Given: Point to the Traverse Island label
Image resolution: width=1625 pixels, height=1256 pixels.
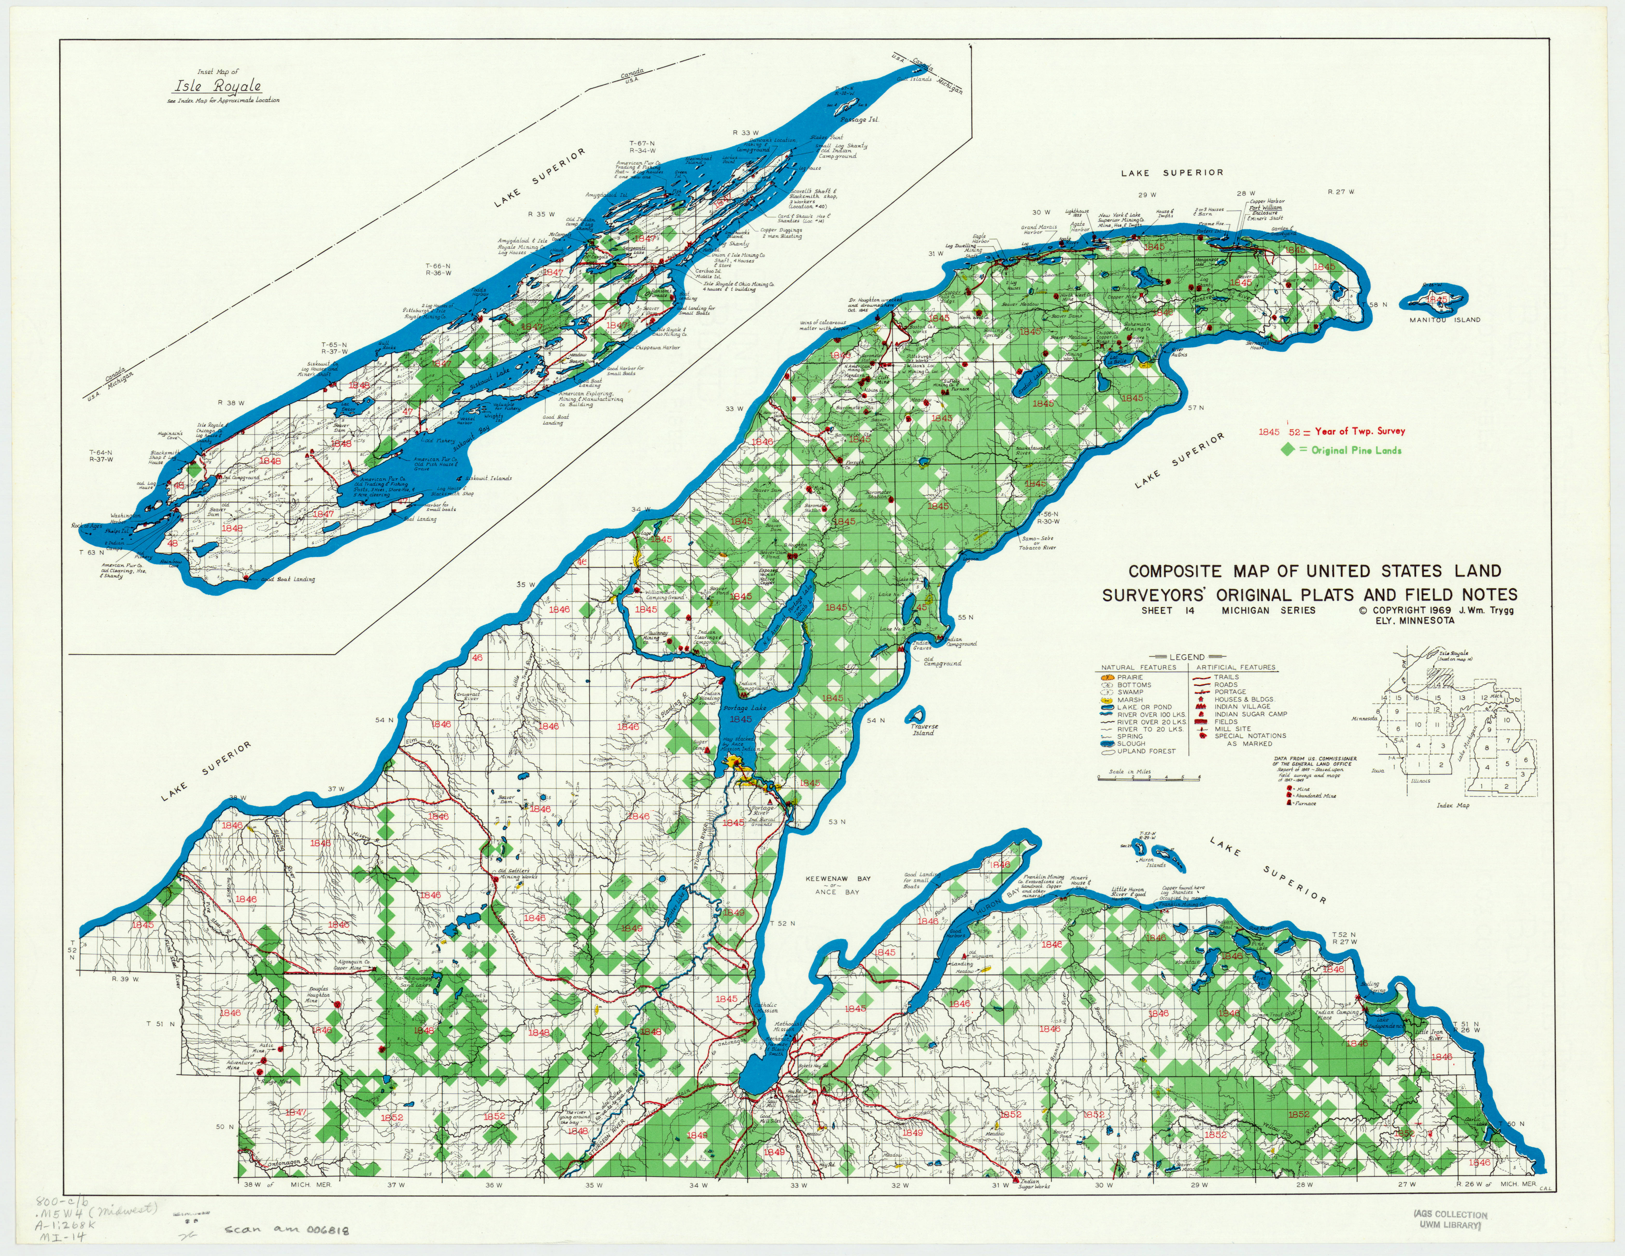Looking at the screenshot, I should pos(922,729).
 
